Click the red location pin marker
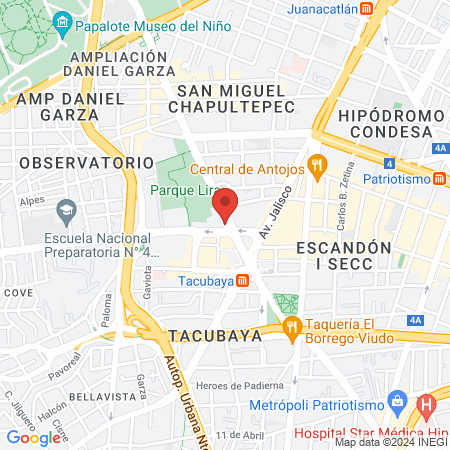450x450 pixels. click(226, 206)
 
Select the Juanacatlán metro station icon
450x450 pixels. click(367, 8)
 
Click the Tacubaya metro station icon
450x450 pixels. click(242, 281)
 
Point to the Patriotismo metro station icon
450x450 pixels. click(441, 179)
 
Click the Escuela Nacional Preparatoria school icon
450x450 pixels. click(67, 211)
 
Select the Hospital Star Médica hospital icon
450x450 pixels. click(427, 407)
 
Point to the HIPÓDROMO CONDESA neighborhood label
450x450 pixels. click(390, 126)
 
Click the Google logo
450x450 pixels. click(35, 437)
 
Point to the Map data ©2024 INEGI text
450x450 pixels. click(390, 442)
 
